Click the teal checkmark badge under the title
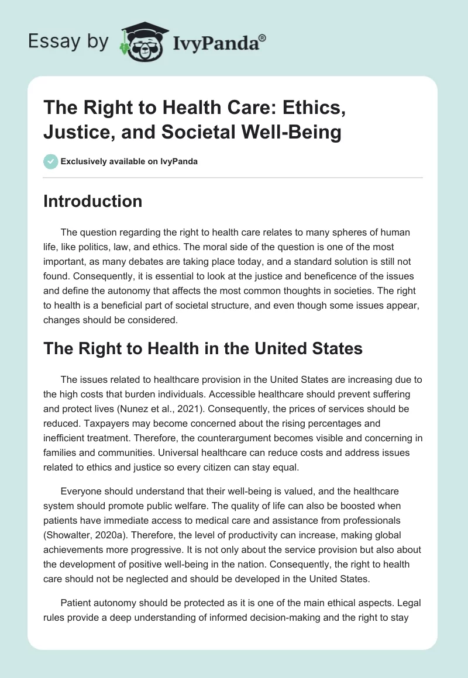[x=50, y=161]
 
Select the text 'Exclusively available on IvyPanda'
[x=129, y=161]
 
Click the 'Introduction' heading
[x=92, y=201]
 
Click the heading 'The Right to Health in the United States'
[x=203, y=349]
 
